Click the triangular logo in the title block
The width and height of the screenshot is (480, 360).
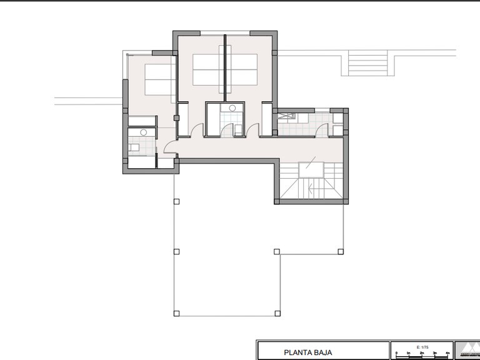pyautogui.click(x=467, y=351)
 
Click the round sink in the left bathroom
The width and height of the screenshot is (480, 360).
pyautogui.click(x=143, y=132)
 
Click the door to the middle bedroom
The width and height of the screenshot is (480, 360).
pyautogui.click(x=197, y=130)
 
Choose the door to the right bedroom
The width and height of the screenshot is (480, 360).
pyautogui.click(x=253, y=130)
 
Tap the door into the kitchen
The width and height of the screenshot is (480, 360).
pyautogui.click(x=322, y=129)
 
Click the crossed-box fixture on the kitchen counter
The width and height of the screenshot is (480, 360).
pyautogui.click(x=289, y=116)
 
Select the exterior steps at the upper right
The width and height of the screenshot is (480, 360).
pyautogui.click(x=368, y=62)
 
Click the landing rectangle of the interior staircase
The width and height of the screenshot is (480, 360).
pyautogui.click(x=311, y=169)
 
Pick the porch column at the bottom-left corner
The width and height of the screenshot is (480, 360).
pyautogui.click(x=176, y=313)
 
